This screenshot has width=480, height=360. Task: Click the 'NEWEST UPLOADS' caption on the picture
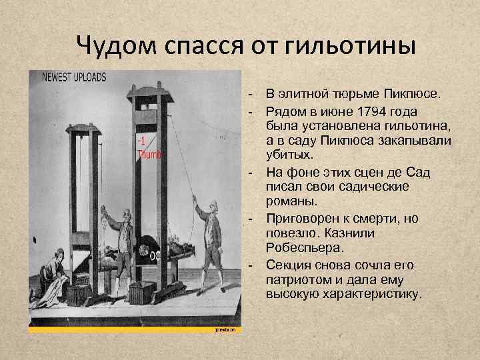pos(74,77)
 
